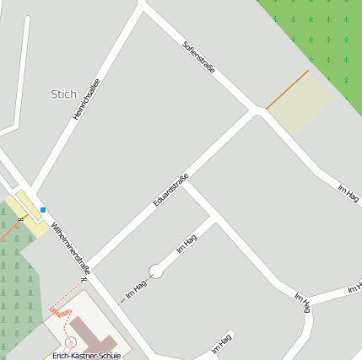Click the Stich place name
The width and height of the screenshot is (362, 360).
63,94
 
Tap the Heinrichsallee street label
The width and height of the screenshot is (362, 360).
86,99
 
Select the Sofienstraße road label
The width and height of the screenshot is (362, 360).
199,56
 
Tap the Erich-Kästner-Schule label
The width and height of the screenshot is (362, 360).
86,355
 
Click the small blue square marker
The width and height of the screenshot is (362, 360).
43,210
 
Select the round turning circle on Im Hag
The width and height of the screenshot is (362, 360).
155,271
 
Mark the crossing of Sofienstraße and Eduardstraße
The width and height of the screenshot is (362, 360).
257,110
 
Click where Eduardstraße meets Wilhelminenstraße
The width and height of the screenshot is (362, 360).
90,268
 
